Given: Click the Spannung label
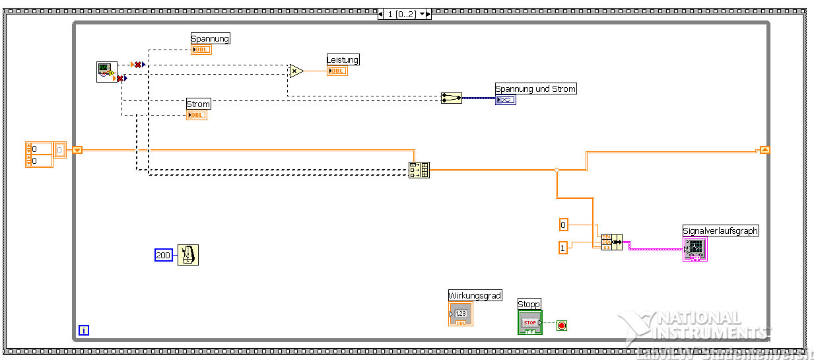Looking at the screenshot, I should click(x=210, y=39).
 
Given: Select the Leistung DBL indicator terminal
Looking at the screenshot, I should click(x=337, y=71).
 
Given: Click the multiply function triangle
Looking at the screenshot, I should click(x=296, y=71).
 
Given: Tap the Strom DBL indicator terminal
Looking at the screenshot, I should click(x=197, y=115).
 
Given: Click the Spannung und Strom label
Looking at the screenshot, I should click(x=535, y=89).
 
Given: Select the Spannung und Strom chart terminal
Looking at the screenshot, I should click(x=505, y=100).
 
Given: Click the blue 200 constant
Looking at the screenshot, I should click(x=163, y=255).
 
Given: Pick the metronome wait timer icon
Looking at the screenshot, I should click(x=188, y=255).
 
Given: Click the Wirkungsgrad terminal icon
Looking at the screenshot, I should click(x=461, y=314).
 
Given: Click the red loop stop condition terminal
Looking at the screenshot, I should click(x=561, y=325).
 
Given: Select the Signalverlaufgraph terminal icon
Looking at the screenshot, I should click(x=695, y=249).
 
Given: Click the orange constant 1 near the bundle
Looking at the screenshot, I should click(x=562, y=248).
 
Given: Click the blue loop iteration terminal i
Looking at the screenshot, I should click(x=84, y=330).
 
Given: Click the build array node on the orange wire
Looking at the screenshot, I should click(x=419, y=170).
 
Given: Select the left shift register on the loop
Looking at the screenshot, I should click(x=77, y=150).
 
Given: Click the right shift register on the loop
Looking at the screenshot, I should click(x=764, y=150).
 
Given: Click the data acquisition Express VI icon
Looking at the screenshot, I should click(x=106, y=72).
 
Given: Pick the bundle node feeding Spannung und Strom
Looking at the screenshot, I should click(x=452, y=98).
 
